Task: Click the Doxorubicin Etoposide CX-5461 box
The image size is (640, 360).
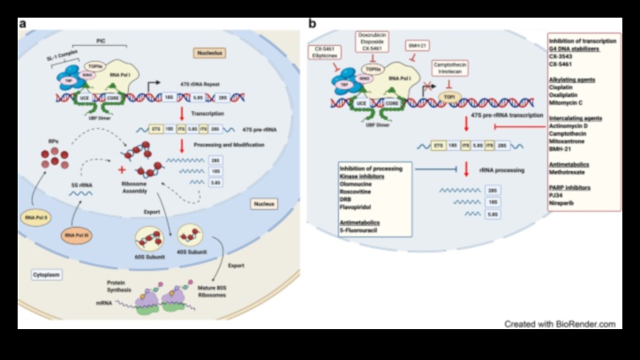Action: pyautogui.click(x=372, y=42)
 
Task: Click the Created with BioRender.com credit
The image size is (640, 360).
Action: pyautogui.click(x=560, y=324)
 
